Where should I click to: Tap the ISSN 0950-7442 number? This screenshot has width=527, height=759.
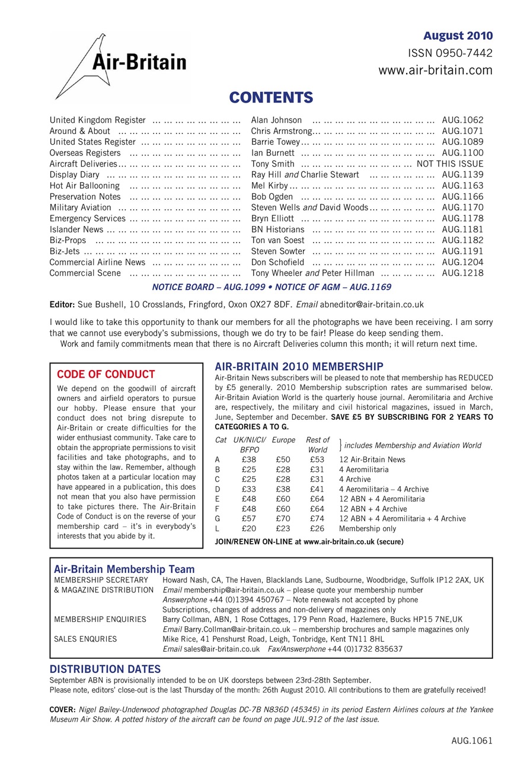coord(450,53)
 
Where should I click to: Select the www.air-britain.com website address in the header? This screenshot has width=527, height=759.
coord(435,71)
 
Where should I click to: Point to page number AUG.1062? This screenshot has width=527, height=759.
coord(462,120)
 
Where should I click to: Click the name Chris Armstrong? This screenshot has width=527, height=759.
coord(281,131)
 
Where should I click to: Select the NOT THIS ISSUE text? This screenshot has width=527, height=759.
coord(450,164)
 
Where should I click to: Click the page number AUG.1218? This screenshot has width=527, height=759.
coord(462,273)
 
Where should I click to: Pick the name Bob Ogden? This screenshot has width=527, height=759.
coord(272,196)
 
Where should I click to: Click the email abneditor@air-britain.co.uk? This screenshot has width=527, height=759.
coord(372,305)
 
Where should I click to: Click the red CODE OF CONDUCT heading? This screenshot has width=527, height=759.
coord(106,374)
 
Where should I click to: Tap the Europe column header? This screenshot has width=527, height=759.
coord(283,440)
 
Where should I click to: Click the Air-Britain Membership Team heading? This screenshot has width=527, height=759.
coord(124,569)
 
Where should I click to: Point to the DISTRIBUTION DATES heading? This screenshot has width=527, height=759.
coord(105,669)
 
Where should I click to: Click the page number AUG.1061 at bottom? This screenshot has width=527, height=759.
coord(471,741)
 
